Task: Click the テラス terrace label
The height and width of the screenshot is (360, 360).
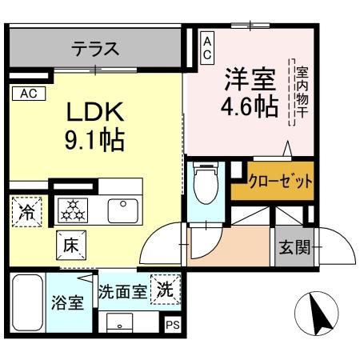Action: coord(95,49)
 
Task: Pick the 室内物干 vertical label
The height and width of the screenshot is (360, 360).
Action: coord(302,92)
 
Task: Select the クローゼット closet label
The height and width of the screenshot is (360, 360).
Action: coord(280,181)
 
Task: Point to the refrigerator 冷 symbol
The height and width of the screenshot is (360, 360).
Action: coord(27,213)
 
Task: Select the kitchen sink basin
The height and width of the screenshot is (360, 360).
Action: coord(123,210)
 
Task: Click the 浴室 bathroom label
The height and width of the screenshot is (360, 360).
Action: coord(67,306)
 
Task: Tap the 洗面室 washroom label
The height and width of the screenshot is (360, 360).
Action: coord(123,292)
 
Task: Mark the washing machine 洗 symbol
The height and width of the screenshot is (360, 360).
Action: coord(166,290)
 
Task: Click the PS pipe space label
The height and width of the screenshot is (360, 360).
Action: coord(172,325)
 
